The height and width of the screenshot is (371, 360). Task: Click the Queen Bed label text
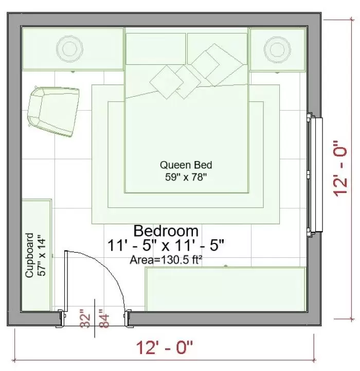[186, 165]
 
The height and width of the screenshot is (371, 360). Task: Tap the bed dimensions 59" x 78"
[186, 177]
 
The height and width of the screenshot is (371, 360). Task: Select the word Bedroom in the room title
[166, 231]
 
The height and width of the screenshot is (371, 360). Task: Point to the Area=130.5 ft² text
[166, 260]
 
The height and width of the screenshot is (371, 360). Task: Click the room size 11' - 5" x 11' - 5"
[166, 245]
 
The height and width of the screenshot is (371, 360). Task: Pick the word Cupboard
[29, 255]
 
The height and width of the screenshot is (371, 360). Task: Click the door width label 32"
[85, 319]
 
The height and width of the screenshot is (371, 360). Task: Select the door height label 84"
[104, 319]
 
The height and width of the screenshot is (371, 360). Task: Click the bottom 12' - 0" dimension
[165, 347]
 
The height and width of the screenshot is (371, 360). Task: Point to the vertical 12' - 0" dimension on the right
[340, 168]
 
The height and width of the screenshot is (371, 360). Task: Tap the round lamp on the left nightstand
[70, 49]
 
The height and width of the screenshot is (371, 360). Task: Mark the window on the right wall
[315, 174]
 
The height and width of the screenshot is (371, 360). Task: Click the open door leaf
[66, 281]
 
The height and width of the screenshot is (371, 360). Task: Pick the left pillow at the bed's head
[156, 49]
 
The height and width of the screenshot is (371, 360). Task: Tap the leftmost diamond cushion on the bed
[167, 82]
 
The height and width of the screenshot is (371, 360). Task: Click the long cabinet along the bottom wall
[226, 289]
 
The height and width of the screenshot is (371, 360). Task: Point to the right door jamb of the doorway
[128, 318]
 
